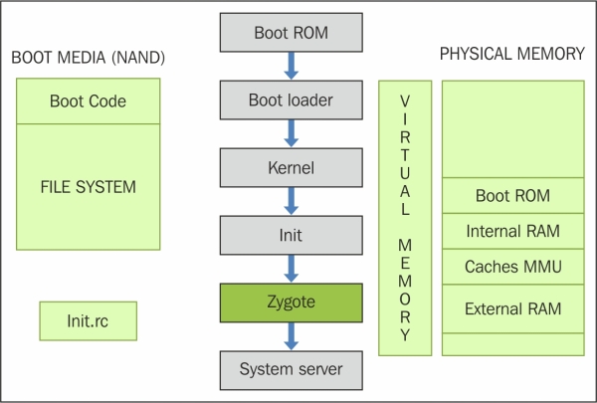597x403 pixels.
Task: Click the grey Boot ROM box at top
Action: [x=292, y=33]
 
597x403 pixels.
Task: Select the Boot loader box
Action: [x=292, y=100]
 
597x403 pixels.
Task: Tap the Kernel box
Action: [x=292, y=167]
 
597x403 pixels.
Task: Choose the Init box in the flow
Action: [x=292, y=235]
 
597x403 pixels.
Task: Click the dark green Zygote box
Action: [x=292, y=302]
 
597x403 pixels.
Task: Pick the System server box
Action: [x=292, y=370]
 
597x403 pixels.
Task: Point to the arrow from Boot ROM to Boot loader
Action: [x=292, y=66]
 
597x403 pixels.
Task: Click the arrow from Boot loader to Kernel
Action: [x=292, y=133]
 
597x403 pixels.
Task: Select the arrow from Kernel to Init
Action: [x=292, y=201]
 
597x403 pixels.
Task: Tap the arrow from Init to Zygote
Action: [x=292, y=269]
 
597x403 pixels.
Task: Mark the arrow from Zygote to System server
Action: [x=292, y=336]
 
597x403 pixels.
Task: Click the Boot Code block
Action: [x=88, y=101]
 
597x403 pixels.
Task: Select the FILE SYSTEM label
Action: [x=88, y=187]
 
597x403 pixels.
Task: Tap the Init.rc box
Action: [x=88, y=321]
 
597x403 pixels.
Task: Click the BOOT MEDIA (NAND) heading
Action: [x=88, y=58]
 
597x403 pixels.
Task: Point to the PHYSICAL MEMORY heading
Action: [x=512, y=54]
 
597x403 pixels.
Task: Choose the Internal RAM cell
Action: [x=512, y=231]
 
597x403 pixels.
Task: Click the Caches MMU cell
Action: [x=512, y=267]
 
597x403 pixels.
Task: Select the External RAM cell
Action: [x=512, y=308]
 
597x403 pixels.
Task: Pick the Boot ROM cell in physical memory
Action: [x=512, y=195]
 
